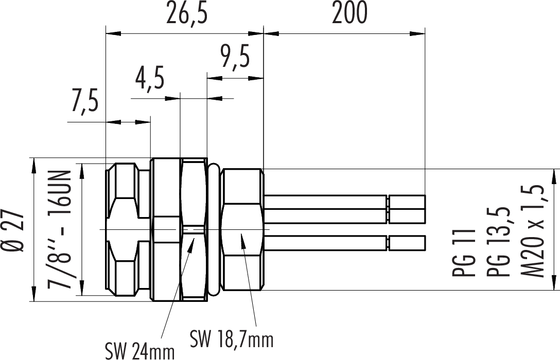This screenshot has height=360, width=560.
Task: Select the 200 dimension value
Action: (x=349, y=12)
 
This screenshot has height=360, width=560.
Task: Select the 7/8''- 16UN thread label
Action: (x=59, y=229)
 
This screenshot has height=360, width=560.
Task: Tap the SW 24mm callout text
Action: (x=139, y=351)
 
